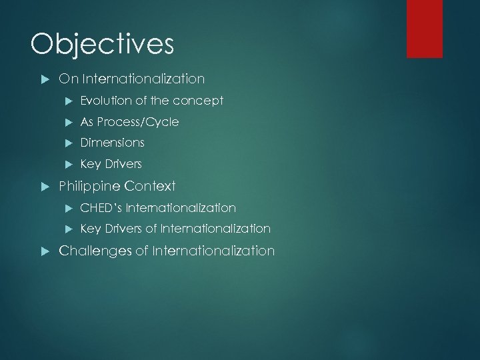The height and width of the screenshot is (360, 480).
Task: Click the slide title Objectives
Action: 102,45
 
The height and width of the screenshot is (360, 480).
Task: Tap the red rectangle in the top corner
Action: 425,28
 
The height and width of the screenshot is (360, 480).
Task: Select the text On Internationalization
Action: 131,79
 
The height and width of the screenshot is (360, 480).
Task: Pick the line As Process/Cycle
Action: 129,122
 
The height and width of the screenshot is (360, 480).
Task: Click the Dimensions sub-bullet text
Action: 112,143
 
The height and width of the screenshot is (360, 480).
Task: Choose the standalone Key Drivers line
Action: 111,164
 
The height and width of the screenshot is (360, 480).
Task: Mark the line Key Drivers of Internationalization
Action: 175,229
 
